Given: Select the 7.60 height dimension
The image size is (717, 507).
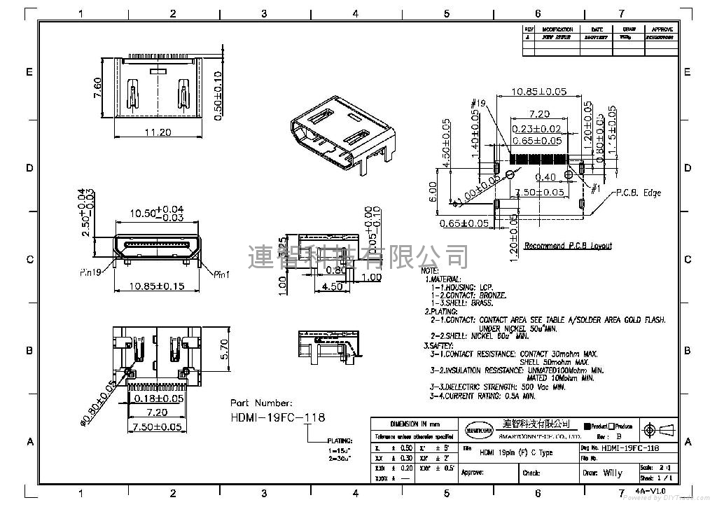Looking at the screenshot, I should [98, 88].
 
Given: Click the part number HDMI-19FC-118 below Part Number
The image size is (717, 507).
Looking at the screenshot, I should [278, 417].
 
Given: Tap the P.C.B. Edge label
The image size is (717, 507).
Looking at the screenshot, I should [639, 193].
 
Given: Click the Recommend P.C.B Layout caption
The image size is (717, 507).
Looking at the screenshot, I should [568, 246].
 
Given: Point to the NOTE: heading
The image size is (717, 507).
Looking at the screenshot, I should [430, 270].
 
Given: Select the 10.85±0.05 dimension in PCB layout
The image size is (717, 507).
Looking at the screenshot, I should [539, 92].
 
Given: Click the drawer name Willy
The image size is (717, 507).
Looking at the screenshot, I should [612, 473].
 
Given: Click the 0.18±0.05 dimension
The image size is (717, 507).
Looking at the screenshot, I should [159, 398].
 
